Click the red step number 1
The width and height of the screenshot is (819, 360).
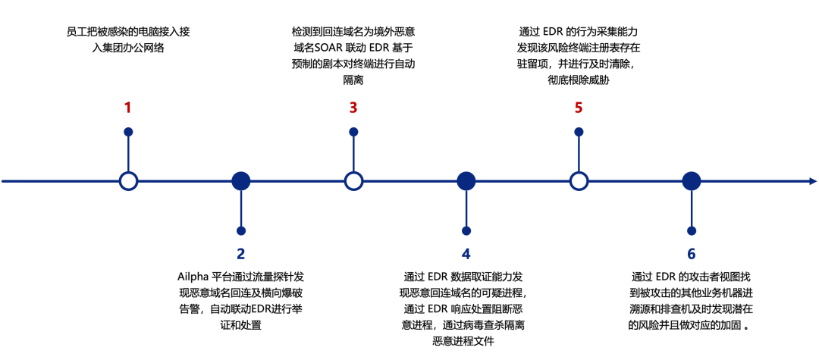point(128,108)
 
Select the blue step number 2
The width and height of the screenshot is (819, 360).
point(241,254)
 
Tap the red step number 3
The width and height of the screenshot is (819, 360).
point(353,108)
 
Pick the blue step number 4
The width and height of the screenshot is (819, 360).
point(466,254)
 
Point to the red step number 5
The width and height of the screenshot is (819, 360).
point(579,108)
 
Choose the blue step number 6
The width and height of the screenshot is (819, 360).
point(691,254)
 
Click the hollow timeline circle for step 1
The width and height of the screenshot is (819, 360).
point(129,181)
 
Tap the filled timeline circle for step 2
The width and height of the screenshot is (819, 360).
point(241,181)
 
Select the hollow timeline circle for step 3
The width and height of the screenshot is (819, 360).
point(353,181)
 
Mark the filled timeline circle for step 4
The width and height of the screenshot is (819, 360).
point(466,181)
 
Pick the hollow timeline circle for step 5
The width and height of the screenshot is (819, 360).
point(579,181)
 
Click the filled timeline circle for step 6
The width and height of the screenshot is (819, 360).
point(691,181)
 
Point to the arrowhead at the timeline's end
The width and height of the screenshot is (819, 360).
point(812,181)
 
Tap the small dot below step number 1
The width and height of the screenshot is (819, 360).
point(129,132)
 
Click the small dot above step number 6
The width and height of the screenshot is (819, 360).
point(691,230)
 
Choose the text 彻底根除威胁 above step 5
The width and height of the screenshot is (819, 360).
point(579,80)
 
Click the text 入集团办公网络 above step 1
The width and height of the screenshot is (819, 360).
point(128,48)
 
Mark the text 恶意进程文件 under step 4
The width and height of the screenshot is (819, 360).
point(463,341)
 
